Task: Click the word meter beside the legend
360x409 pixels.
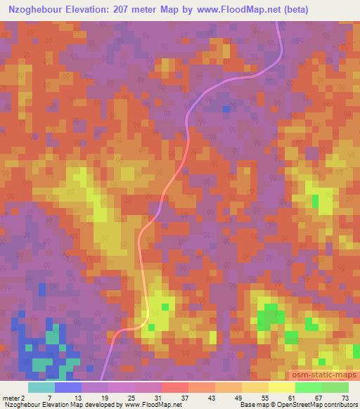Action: [10, 397]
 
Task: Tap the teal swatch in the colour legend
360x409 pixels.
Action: [41, 387]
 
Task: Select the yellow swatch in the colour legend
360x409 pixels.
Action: [281, 387]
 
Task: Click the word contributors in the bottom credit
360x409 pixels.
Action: [338, 405]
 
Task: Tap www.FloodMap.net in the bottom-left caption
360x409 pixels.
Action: [147, 405]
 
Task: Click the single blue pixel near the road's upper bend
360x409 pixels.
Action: [226, 109]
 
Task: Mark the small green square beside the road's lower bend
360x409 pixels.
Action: [166, 306]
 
